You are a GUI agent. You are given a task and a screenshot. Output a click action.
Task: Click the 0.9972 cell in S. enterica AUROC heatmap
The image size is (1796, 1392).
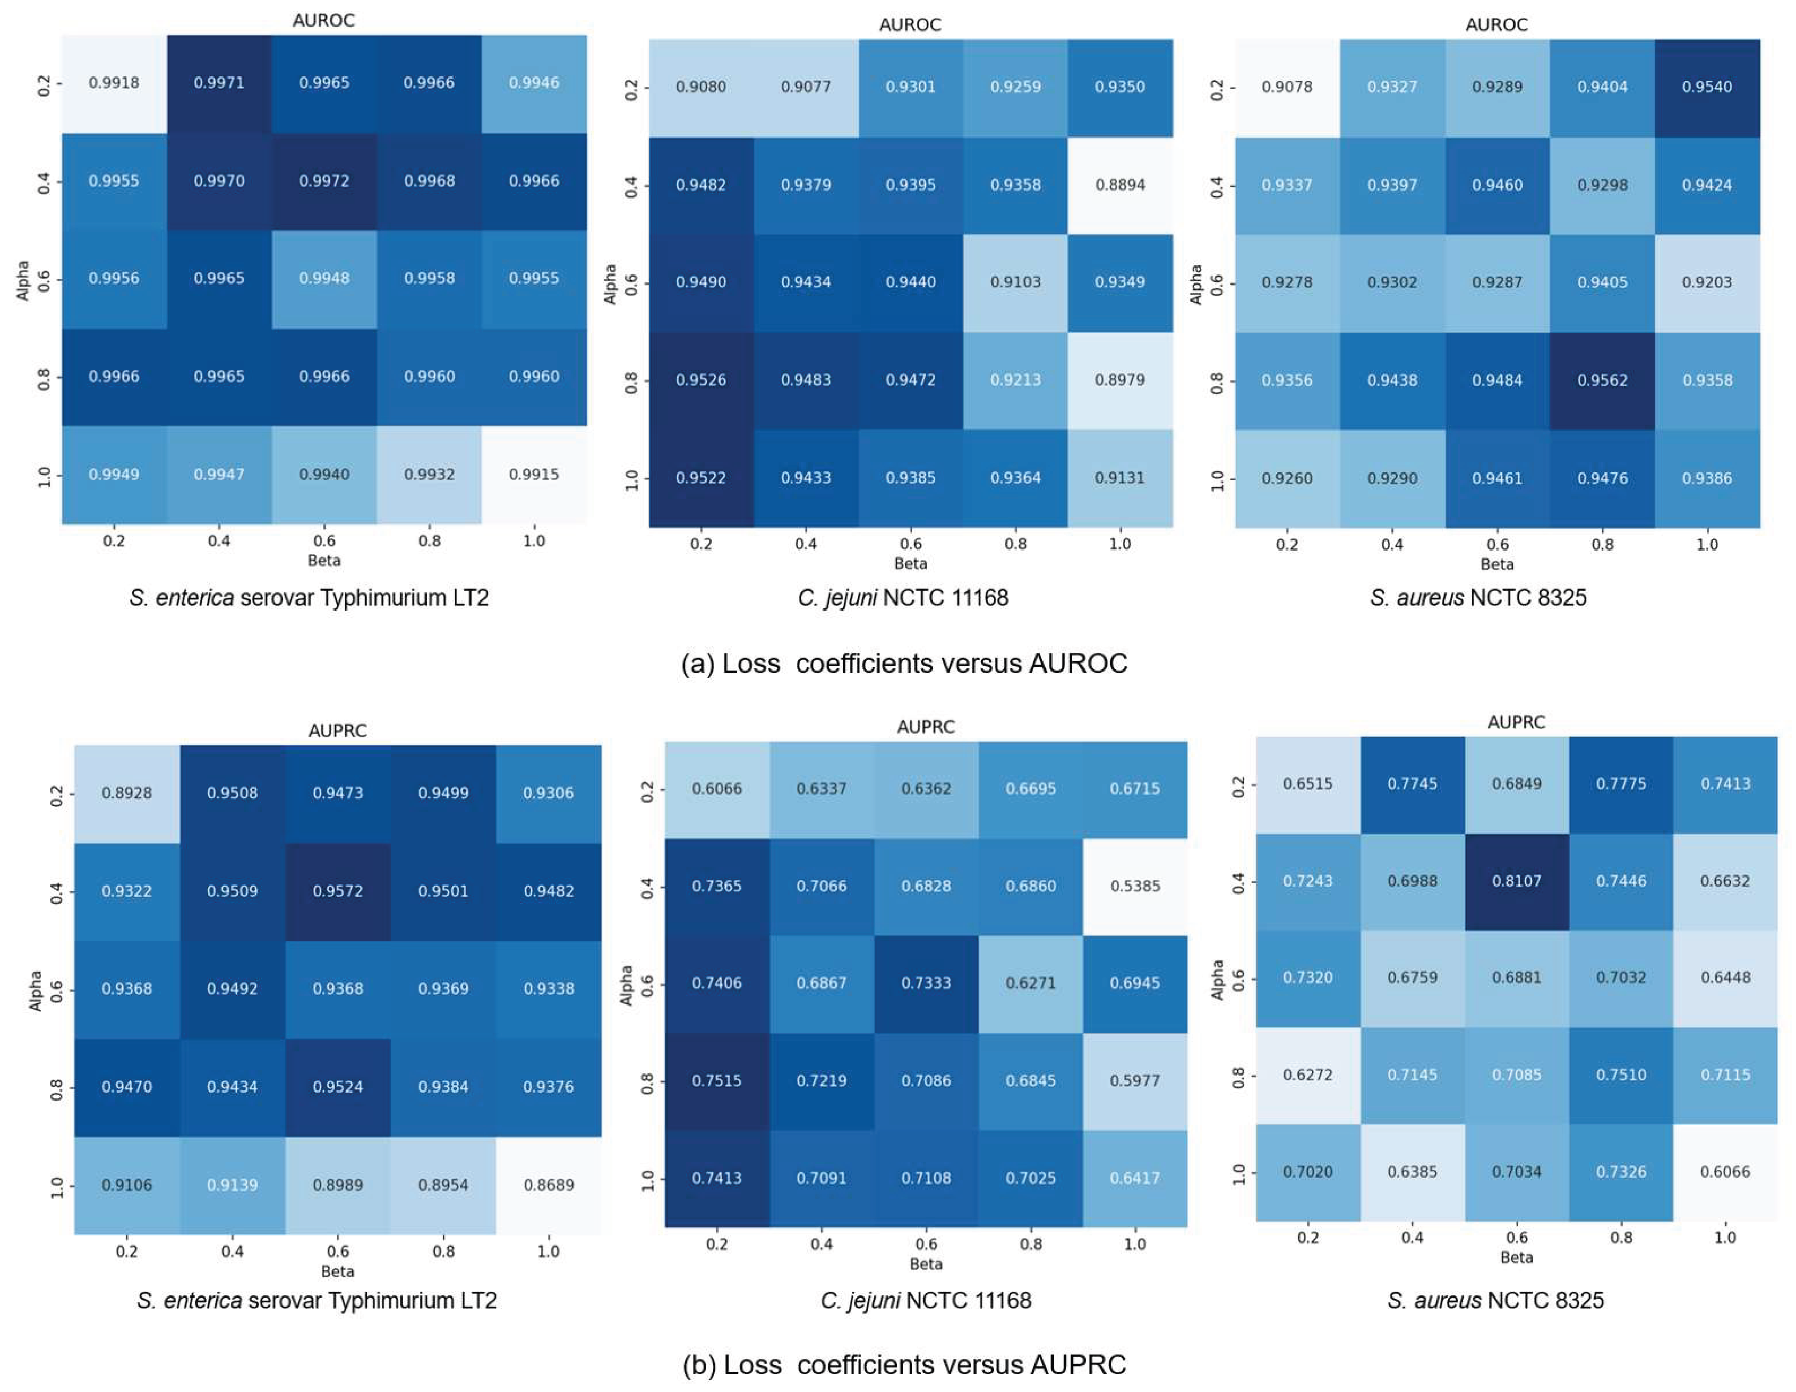click(324, 181)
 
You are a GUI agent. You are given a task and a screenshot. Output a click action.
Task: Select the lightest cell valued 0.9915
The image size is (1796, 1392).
click(534, 475)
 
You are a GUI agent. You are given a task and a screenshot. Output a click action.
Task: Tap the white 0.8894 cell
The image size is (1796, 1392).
click(1120, 185)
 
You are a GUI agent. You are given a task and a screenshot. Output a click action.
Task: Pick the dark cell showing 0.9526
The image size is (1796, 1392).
click(700, 380)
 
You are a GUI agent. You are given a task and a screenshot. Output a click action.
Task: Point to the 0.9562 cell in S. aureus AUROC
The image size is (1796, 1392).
click(1602, 380)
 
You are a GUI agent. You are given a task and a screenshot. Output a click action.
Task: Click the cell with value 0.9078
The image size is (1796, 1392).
click(1287, 87)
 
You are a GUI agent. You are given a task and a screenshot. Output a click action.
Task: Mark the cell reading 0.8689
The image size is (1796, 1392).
click(549, 1185)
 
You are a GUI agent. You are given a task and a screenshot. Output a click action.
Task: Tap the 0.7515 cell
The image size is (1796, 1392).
click(717, 1080)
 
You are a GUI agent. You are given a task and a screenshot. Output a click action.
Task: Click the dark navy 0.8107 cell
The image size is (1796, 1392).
click(1516, 881)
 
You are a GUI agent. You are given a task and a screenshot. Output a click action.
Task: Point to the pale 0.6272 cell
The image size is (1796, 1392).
click(1307, 1075)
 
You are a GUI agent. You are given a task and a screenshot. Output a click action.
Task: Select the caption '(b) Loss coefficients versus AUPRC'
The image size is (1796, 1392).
click(904, 1365)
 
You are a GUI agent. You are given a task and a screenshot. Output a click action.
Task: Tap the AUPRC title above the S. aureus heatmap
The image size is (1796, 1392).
click(1516, 722)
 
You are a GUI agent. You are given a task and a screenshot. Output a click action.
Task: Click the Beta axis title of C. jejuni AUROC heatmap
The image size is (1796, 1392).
click(910, 564)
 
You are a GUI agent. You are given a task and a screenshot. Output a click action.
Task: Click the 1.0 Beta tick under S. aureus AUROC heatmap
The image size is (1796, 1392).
click(1707, 544)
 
